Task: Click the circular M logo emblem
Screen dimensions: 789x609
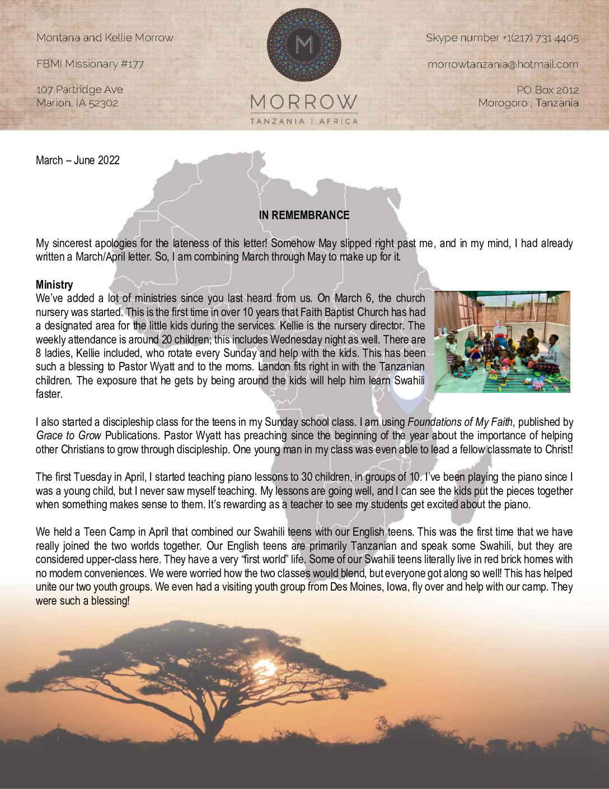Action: (x=304, y=45)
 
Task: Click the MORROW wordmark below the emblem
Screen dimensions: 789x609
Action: (x=304, y=102)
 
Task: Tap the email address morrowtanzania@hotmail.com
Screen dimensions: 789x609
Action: (x=503, y=64)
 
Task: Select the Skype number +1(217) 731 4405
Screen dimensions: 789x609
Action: (x=502, y=38)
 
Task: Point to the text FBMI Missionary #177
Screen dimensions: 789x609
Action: (x=90, y=64)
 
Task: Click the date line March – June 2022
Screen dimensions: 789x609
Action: (x=78, y=160)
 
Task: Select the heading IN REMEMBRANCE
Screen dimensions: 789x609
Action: (x=304, y=215)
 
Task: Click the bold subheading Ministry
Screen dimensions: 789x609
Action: (x=54, y=285)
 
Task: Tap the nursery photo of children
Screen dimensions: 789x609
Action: (x=502, y=341)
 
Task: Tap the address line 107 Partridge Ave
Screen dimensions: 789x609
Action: (x=79, y=90)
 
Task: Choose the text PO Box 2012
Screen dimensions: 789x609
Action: (x=547, y=90)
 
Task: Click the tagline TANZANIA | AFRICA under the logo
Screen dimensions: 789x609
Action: (x=304, y=121)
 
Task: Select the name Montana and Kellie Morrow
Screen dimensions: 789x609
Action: (x=105, y=38)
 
